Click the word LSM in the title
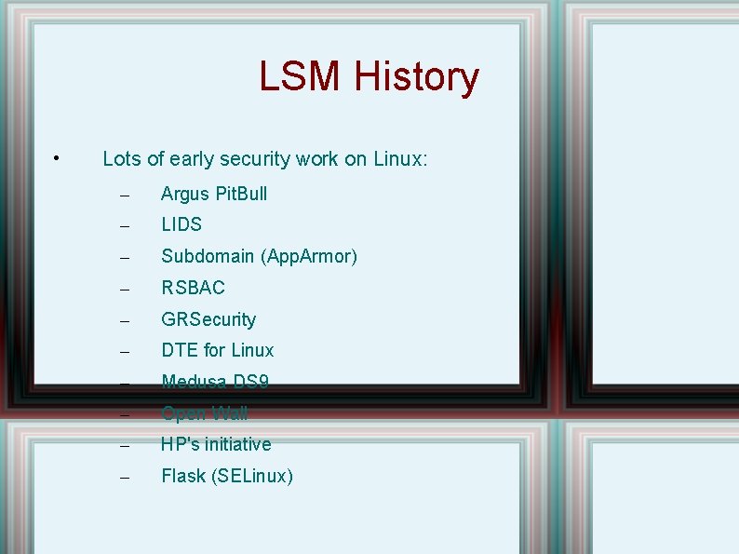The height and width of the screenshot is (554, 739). coord(301,76)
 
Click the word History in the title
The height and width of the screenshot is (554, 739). coord(416,76)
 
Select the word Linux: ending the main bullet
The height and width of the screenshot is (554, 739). coord(400,159)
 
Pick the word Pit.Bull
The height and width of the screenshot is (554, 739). coord(241,194)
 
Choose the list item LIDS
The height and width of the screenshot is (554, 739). coord(181,224)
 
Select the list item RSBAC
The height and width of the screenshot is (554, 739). coord(193,288)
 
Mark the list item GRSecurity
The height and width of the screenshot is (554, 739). coord(208,319)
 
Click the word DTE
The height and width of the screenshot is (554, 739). coord(180,350)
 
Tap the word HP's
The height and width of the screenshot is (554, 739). coord(181,444)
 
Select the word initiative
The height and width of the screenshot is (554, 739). coord(238,444)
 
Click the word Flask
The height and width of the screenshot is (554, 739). coord(183,476)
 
